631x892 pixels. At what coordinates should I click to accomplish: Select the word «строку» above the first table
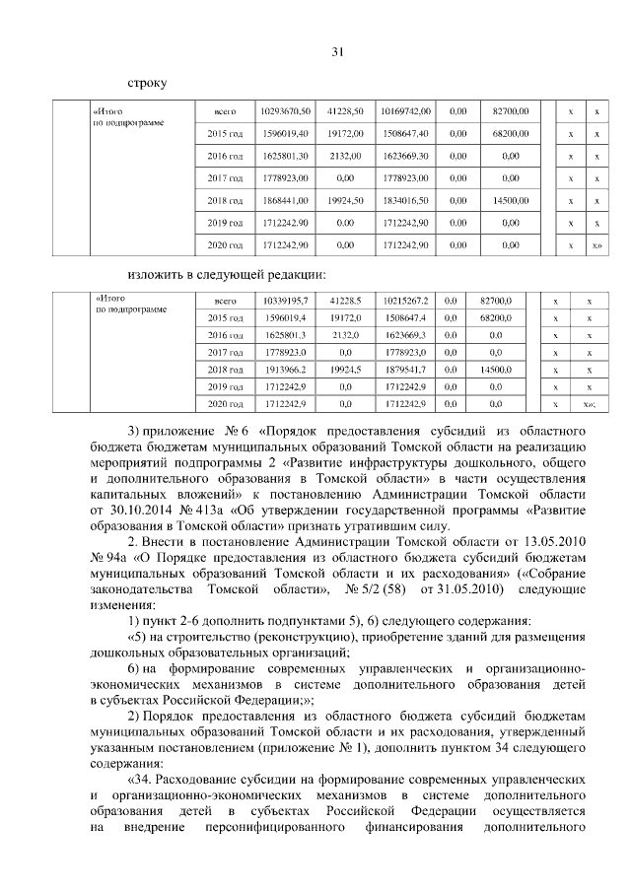[147, 84]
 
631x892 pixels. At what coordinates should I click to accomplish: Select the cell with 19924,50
[345, 200]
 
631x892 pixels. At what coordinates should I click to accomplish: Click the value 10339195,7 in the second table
[286, 300]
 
